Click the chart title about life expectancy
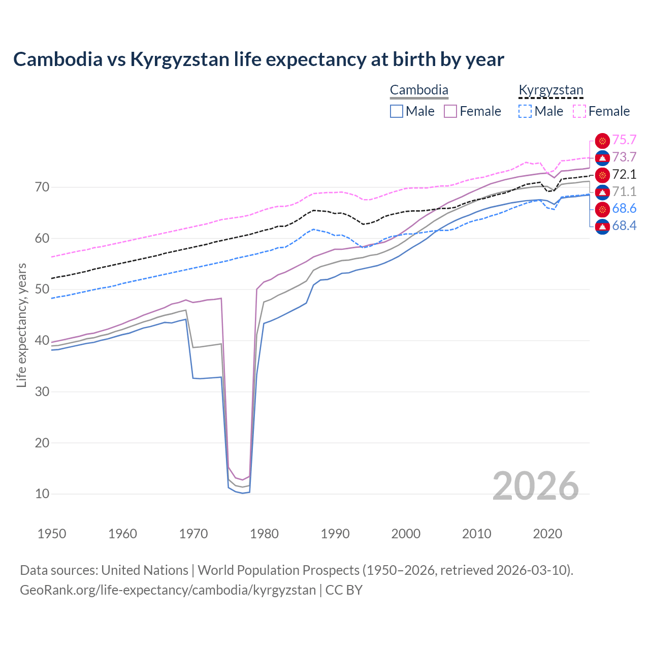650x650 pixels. (x=258, y=59)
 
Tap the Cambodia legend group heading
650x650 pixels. (x=419, y=90)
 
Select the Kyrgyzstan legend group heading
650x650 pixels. (x=550, y=90)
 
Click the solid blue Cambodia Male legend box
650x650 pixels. (x=397, y=111)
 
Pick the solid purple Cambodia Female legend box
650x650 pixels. (x=450, y=111)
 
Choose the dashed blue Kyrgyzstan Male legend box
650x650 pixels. (x=525, y=111)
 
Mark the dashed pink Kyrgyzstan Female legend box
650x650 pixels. (x=579, y=111)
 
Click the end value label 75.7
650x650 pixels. (x=624, y=140)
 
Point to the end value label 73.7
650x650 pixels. (x=624, y=157)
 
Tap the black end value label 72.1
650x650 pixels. (x=624, y=175)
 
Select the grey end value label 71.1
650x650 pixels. (x=624, y=192)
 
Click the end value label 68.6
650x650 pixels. (x=624, y=209)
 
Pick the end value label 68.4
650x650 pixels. (x=624, y=226)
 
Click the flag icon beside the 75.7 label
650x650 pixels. (x=602, y=141)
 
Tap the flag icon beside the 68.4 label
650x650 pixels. (x=602, y=226)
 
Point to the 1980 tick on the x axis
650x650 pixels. (x=265, y=534)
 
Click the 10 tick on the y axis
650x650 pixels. (x=42, y=494)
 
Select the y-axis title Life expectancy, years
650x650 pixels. (x=21, y=325)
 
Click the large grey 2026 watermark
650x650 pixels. (x=535, y=486)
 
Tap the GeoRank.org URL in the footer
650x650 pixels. (x=168, y=590)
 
